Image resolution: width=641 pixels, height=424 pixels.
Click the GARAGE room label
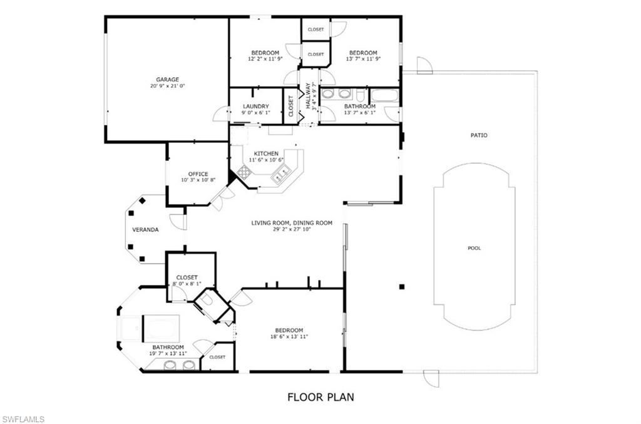coord(167,80)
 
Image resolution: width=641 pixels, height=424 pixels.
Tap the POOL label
coord(474,248)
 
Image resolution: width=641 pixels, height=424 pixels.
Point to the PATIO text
coord(479,135)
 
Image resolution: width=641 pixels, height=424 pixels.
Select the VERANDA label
coord(145,230)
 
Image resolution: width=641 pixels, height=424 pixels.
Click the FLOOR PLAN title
coord(321,397)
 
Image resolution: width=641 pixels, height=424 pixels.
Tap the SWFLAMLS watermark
coord(23,419)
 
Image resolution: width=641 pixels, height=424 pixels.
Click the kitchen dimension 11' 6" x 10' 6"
coord(266,160)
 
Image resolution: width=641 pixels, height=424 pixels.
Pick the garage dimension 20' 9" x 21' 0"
coord(167,86)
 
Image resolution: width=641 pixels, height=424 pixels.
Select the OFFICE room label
coord(198,173)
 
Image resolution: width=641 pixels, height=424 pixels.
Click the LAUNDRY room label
coord(256,106)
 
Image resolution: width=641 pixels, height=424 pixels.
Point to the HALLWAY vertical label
coord(308,96)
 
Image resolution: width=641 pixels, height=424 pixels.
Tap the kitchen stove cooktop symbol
coord(244,173)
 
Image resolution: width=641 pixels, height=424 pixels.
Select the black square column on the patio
coord(402,287)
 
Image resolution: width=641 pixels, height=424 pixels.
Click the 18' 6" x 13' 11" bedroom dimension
coord(289,337)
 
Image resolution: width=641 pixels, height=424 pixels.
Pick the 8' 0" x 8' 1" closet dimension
coord(187,284)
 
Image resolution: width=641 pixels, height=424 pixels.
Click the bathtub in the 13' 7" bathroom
coord(384,96)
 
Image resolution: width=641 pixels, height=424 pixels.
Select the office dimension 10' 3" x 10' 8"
coord(198,180)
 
